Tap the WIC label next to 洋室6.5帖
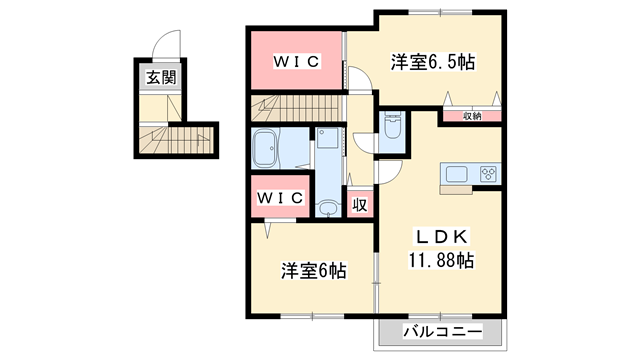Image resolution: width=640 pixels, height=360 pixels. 297,61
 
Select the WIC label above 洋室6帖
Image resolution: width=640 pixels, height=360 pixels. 280,197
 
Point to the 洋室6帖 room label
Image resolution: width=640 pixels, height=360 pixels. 313,270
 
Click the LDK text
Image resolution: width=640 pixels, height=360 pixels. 440,237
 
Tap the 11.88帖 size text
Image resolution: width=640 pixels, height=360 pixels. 440,260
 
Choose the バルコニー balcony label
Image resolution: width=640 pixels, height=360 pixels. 441,331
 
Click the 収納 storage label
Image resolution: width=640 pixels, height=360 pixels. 472,116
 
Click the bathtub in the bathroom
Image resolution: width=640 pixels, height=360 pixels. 267,152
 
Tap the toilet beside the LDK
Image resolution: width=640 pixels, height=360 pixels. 392,127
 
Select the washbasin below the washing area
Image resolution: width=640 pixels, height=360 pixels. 327,208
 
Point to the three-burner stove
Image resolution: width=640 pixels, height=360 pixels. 488,174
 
